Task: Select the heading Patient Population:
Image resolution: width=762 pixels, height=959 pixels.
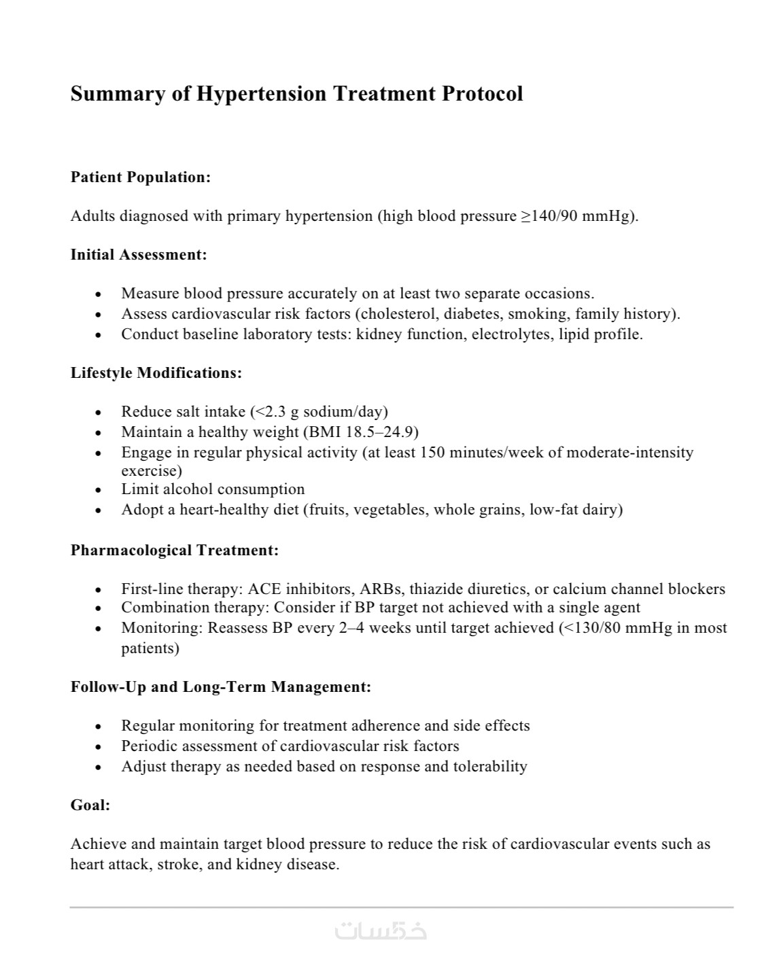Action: pos(141,177)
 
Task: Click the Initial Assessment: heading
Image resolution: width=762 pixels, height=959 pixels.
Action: pos(139,255)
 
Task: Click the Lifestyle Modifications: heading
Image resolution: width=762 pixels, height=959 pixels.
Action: pos(156,373)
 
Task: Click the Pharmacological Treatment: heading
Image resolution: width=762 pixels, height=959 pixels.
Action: pos(175,551)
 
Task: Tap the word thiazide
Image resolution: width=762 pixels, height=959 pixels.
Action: pos(434,589)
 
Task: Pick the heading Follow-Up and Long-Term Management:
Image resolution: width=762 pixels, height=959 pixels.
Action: pos(221,687)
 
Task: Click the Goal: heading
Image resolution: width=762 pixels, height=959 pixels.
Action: pos(90,805)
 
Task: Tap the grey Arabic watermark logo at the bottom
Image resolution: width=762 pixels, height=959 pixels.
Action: pos(381,930)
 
